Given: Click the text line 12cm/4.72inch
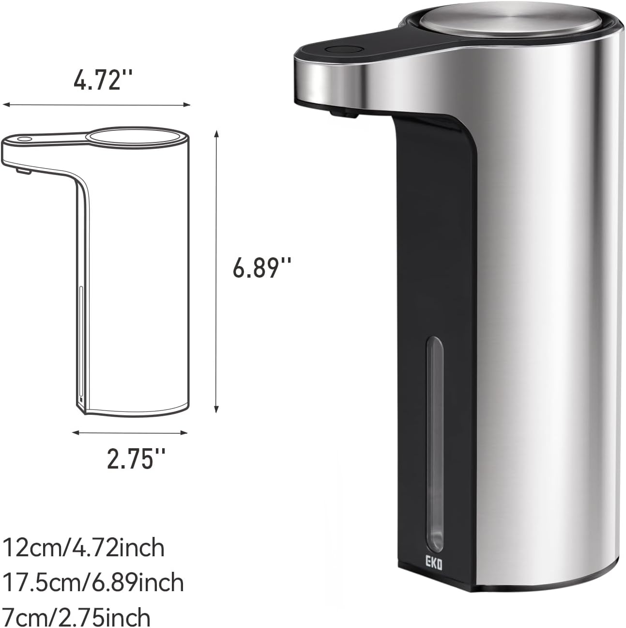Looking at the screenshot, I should tap(84, 548).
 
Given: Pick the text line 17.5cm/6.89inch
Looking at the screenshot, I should tap(93, 582).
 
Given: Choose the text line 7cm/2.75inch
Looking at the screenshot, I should tap(76, 617).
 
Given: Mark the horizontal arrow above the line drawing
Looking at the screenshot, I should tap(96, 104).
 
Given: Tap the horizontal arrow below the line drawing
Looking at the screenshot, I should tap(129, 433).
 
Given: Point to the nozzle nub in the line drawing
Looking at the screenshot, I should tap(22, 171).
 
